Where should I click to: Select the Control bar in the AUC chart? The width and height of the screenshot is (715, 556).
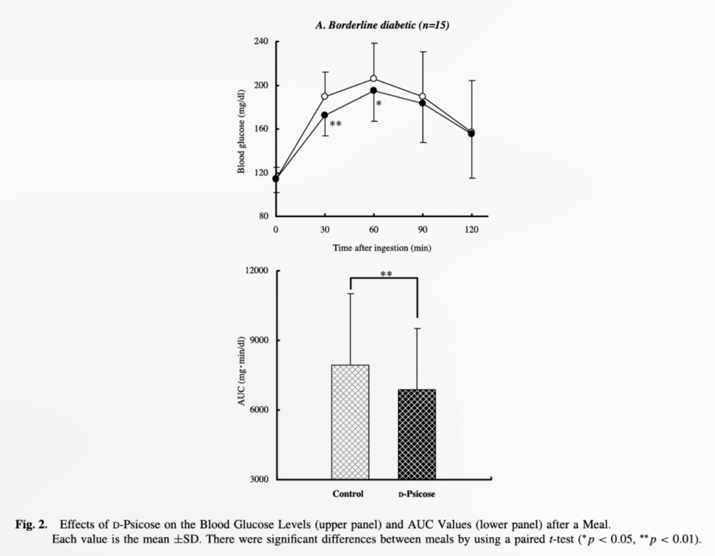(350, 422)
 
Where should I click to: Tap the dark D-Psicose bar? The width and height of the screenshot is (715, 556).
(416, 434)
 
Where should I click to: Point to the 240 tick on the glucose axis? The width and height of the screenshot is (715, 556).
(261, 42)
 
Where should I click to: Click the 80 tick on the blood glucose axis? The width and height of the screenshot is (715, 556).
(263, 216)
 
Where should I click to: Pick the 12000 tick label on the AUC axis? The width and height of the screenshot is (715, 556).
(257, 271)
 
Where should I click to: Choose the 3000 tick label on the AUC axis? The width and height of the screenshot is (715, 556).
(259, 480)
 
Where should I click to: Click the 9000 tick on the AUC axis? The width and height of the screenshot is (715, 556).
(259, 341)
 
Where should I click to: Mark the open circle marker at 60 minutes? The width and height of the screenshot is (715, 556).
(374, 79)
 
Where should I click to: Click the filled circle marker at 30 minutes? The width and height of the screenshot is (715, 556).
(325, 115)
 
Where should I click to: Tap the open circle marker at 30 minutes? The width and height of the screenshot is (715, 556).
(325, 96)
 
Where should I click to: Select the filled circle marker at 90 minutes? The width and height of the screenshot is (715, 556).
(422, 103)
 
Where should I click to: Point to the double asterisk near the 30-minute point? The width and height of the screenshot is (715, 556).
(335, 124)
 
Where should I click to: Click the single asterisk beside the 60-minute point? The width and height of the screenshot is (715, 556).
(378, 104)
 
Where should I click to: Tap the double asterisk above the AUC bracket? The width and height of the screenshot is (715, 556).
(385, 275)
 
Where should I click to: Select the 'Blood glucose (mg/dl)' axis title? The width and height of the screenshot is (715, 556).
(242, 131)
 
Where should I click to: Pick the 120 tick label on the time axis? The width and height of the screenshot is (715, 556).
(471, 229)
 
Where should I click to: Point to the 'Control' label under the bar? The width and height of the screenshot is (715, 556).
(348, 495)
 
